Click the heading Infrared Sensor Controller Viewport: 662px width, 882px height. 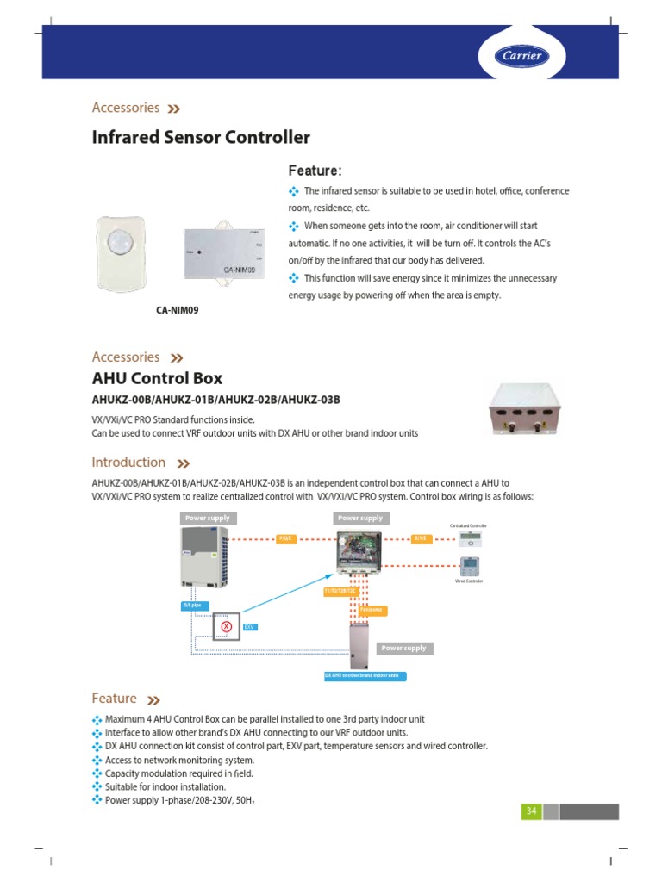coord(201,137)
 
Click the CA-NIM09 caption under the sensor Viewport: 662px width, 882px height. coord(178,310)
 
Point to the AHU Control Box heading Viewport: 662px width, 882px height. coord(157,378)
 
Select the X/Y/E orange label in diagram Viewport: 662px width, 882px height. coord(420,539)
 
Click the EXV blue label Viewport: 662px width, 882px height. coord(250,628)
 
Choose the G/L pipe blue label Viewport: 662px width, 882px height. coord(191,606)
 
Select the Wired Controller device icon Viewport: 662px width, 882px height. coord(471,566)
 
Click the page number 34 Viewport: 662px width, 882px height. coord(531,811)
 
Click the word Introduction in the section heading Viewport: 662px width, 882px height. coord(128,463)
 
